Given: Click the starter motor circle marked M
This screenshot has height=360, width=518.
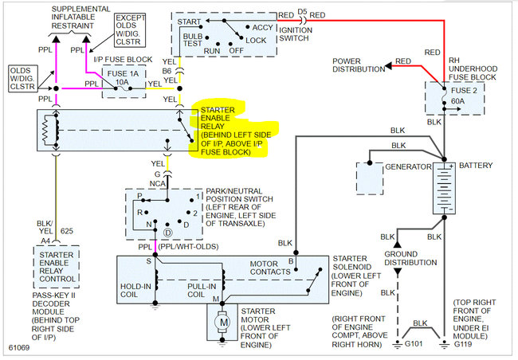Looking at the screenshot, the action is [x=222, y=322].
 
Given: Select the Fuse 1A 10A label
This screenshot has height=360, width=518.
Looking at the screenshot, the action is [x=123, y=77].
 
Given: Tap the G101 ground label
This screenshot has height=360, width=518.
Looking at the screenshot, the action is [x=414, y=344].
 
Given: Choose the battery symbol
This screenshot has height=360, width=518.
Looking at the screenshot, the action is [x=444, y=188].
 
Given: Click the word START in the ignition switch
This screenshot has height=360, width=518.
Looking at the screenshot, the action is [x=189, y=22].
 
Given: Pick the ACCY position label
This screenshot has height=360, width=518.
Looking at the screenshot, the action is [x=263, y=27].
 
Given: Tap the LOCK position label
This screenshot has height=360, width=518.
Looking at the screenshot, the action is [x=256, y=41].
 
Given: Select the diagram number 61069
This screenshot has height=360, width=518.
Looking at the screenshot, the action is [x=19, y=347].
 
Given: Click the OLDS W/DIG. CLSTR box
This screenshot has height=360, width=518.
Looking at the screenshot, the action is [x=23, y=79].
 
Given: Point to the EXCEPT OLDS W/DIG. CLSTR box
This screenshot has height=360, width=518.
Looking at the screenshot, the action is [x=130, y=29].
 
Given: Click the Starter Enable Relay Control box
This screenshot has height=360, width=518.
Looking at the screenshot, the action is [x=57, y=267].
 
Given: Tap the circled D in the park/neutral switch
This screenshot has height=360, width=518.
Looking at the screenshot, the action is [x=168, y=233].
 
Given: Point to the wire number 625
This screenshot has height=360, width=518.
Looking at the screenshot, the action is [x=67, y=231].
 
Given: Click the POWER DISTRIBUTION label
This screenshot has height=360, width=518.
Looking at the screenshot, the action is [x=359, y=65].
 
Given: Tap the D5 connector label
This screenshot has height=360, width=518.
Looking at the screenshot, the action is [x=302, y=12].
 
